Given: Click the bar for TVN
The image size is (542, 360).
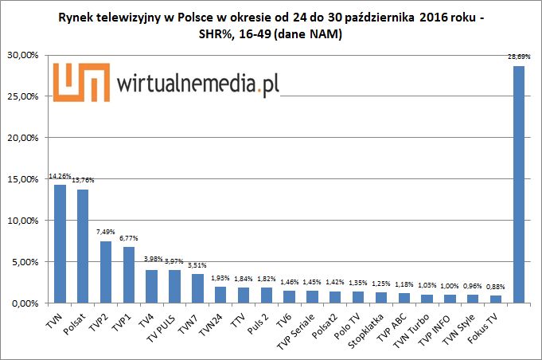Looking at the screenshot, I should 60,244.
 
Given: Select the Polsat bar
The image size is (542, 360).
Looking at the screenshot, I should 83,246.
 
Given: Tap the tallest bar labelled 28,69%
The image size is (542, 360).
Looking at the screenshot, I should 519,184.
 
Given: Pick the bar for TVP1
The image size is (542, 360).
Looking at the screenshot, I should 129,275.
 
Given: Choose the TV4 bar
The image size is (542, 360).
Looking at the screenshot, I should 152,287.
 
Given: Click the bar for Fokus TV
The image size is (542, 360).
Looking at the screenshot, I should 496,299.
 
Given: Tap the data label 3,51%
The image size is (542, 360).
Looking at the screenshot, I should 198,266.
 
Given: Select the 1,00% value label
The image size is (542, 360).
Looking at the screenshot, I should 450,287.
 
